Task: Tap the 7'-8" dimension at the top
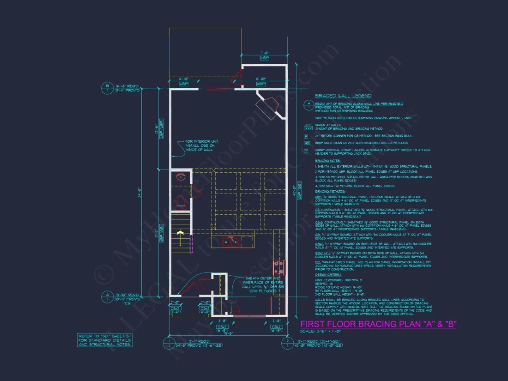pyautogui.click(x=265, y=54)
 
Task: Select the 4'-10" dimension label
pyautogui.click(x=183, y=79)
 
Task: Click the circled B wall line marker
pyautogui.click(x=107, y=86)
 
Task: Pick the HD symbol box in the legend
pyautogui.click(x=307, y=143)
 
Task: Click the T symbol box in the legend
pyautogui.click(x=307, y=151)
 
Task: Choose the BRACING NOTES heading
pyautogui.click(x=328, y=160)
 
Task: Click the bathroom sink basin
pyautogui.click(x=181, y=176)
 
